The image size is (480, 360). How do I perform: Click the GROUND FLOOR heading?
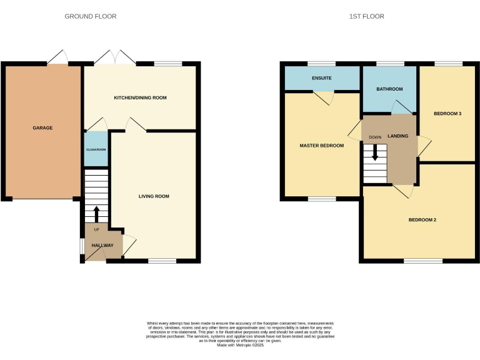[91, 16]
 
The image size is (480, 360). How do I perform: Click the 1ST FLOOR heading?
[366, 16]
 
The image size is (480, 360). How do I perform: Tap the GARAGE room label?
[42, 128]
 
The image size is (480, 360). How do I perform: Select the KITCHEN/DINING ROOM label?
[140, 98]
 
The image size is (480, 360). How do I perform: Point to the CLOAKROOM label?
[96, 150]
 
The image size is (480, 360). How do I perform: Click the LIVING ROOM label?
[154, 196]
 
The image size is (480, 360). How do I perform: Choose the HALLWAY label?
[102, 246]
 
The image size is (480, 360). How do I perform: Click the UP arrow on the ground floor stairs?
[96, 214]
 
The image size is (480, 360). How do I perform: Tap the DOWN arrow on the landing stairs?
[375, 152]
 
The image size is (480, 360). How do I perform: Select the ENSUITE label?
[321, 78]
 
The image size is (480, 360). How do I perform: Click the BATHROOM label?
[389, 89]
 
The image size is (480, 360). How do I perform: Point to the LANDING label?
[397, 136]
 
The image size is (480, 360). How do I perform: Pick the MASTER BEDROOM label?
[322, 146]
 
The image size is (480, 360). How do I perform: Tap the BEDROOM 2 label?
[422, 219]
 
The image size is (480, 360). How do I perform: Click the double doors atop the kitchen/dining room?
[115, 57]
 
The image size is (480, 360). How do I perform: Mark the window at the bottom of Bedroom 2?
[419, 261]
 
